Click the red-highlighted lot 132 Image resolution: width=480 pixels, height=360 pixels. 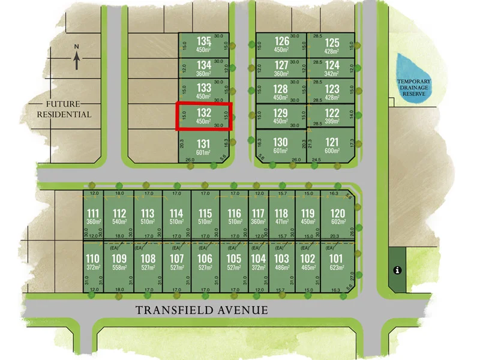pyautogui.click(x=204, y=116)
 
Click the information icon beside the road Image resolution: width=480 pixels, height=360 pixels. pyautogui.click(x=396, y=270)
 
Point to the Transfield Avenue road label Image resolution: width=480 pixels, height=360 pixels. pyautogui.click(x=201, y=310)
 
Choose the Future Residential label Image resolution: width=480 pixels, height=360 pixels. pyautogui.click(x=64, y=109)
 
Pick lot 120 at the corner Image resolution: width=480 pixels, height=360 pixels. pyautogui.click(x=338, y=214)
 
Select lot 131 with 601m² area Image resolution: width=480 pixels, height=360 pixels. pyautogui.click(x=204, y=144)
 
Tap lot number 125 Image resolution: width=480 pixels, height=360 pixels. pyautogui.click(x=332, y=43)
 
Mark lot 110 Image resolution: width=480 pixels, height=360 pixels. pyautogui.click(x=92, y=259)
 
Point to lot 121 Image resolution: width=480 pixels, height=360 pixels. pyautogui.click(x=332, y=142)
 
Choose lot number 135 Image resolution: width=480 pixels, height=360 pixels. pyautogui.click(x=205, y=41)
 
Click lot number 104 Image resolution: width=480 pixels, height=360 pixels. pyautogui.click(x=258, y=259)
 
